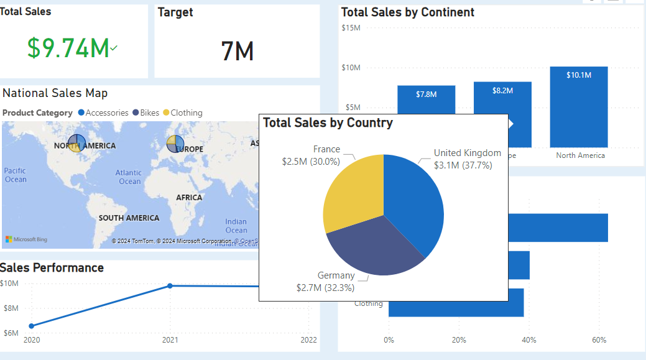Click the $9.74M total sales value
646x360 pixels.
click(x=68, y=48)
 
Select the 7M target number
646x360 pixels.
click(x=237, y=51)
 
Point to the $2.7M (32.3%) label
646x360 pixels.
click(x=325, y=287)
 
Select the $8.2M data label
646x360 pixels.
click(x=502, y=91)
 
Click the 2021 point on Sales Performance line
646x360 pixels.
click(x=170, y=285)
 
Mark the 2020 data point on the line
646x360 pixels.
click(x=31, y=326)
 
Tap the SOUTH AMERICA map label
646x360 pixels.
click(x=129, y=218)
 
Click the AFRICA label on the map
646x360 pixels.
click(x=189, y=198)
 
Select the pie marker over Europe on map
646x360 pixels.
click(x=175, y=143)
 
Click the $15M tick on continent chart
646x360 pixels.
click(x=351, y=27)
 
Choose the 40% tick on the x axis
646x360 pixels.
click(x=529, y=340)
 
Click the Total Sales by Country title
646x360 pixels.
click(x=328, y=122)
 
